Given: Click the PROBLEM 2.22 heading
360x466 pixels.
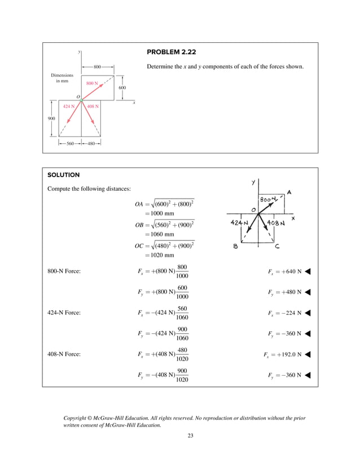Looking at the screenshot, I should [171, 52].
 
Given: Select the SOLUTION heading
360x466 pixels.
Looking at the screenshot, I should [64, 175].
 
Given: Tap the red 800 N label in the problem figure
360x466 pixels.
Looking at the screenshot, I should [92, 83].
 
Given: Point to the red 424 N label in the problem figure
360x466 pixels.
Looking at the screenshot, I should [68, 106].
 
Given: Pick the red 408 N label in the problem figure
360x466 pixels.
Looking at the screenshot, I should [93, 106].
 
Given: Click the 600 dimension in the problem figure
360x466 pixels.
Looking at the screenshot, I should [122, 88].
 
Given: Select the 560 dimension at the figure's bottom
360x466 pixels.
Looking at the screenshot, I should [71, 143].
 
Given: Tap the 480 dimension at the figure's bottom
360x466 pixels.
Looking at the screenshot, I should [91, 143].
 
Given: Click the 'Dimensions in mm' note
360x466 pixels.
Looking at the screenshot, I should [62, 78].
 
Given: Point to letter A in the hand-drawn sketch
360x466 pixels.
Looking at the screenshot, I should [289, 192].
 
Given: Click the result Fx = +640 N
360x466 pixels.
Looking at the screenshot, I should [284, 272].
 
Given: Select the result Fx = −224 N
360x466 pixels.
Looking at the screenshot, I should [284, 313].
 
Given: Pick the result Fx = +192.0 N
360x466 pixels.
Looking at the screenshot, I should [282, 354].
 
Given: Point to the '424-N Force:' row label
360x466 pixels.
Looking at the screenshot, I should [64, 313].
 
